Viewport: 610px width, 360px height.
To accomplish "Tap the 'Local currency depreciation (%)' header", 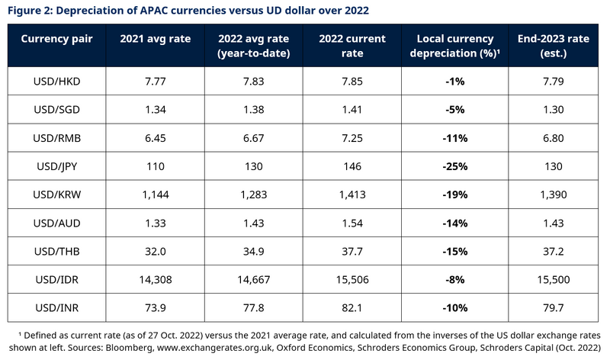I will click(x=454, y=46).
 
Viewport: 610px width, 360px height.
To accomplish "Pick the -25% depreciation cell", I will click(x=454, y=166).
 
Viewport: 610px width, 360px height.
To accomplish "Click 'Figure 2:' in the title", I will click(x=28, y=9).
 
